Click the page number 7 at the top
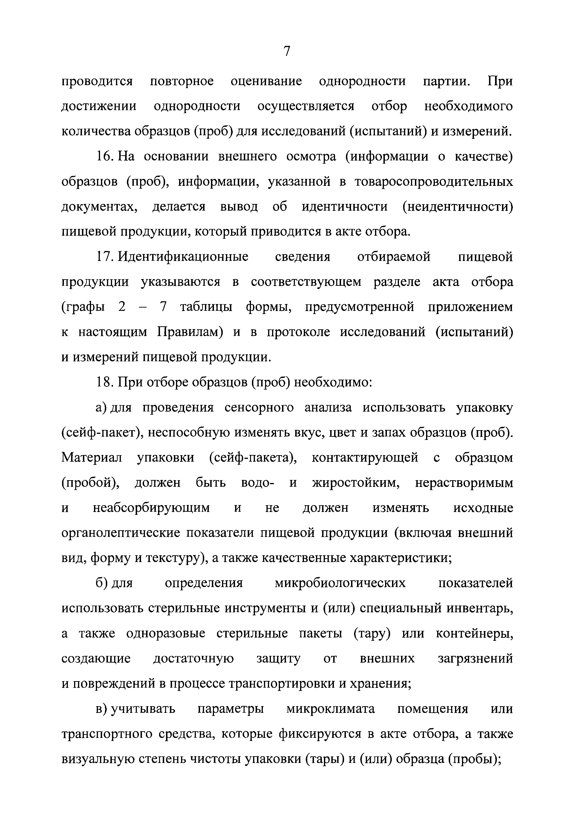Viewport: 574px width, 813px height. (x=287, y=52)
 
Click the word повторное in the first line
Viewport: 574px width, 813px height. (x=182, y=81)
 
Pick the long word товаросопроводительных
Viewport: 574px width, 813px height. (x=434, y=182)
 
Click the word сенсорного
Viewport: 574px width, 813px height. (x=259, y=408)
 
